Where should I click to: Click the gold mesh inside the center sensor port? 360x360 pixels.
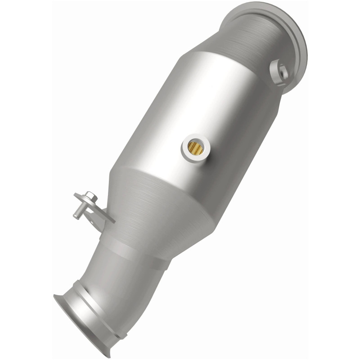(195, 147)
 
